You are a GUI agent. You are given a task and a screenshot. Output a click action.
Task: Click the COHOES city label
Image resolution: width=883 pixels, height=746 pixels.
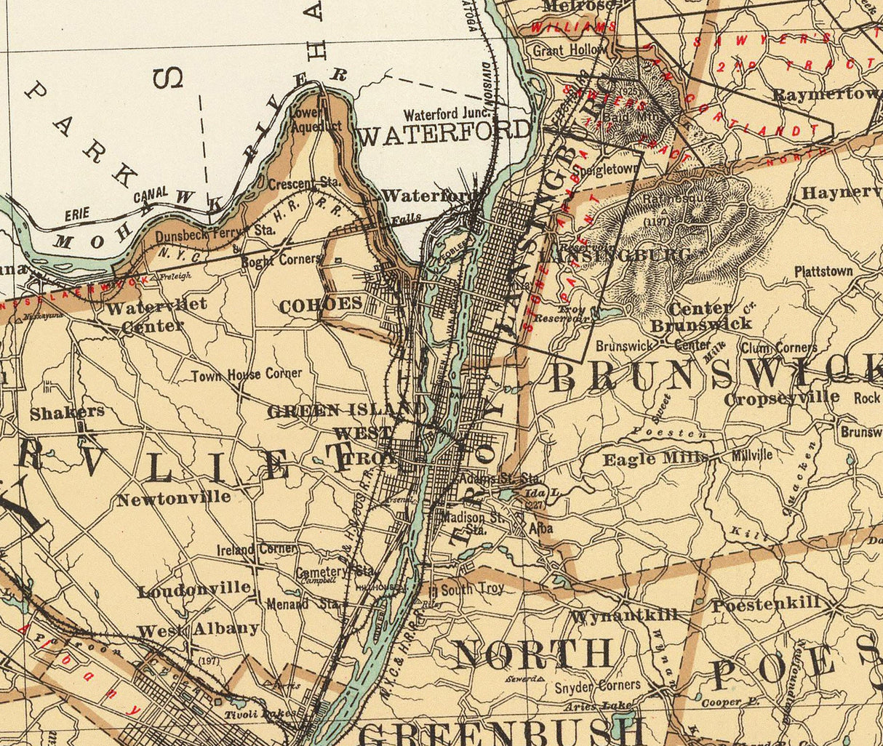pos(320,305)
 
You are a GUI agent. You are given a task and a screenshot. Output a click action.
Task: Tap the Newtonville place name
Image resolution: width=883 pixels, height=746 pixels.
pos(174,499)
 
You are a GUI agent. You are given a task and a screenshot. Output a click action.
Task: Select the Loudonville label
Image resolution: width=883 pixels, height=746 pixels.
pos(194,590)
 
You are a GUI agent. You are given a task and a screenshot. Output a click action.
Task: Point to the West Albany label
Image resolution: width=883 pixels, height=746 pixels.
pos(198,630)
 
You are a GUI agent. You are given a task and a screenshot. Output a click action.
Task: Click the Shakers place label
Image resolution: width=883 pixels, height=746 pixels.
pos(67,412)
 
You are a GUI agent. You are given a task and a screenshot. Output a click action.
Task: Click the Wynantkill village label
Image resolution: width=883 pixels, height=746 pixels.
pos(624,615)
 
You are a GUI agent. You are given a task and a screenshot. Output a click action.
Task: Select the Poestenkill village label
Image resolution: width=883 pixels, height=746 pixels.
pos(766,604)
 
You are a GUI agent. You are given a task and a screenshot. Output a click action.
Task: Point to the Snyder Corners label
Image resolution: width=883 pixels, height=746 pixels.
pos(597,686)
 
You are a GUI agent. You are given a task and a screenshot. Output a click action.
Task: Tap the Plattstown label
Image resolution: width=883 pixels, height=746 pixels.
pos(823,271)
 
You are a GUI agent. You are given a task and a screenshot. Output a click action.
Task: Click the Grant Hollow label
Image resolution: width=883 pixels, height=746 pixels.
pos(569,50)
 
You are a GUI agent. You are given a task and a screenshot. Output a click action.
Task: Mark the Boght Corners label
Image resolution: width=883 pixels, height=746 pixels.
pos(280,260)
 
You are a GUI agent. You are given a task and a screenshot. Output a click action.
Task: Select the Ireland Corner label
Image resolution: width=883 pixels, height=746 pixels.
pos(256,549)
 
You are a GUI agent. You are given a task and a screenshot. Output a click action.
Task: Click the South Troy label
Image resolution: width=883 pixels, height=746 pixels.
pos(471,589)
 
